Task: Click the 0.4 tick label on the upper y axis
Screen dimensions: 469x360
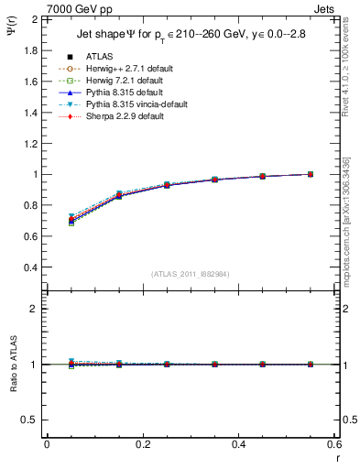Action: (x=31, y=267)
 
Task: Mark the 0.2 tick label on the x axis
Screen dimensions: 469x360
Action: (x=142, y=445)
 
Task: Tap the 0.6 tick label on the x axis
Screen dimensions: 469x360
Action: (x=334, y=445)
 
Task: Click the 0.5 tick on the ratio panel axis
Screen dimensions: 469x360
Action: (x=31, y=420)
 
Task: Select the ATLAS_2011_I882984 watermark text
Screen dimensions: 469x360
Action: (x=190, y=274)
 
